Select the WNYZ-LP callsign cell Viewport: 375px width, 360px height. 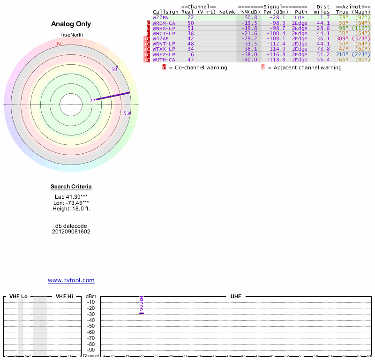coord(164,54)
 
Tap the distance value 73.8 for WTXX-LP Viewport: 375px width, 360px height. coord(322,49)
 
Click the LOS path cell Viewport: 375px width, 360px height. coord(300,17)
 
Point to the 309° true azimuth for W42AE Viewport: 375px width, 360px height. coord(342,38)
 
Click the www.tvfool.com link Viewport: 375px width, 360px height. coord(71,280)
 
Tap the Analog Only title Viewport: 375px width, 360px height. coord(71,24)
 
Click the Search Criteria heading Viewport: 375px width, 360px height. coord(71,187)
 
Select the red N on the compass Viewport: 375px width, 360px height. coord(59,44)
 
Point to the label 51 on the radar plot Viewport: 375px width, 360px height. coord(127,113)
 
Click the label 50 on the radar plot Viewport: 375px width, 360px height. coord(114,69)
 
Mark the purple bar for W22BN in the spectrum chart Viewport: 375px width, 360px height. coord(142,313)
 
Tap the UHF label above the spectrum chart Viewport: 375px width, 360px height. coord(235,297)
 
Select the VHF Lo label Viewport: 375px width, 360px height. coord(18,297)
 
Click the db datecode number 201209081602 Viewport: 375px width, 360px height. coord(71,232)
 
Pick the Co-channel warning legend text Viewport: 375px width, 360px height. coord(197,67)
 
